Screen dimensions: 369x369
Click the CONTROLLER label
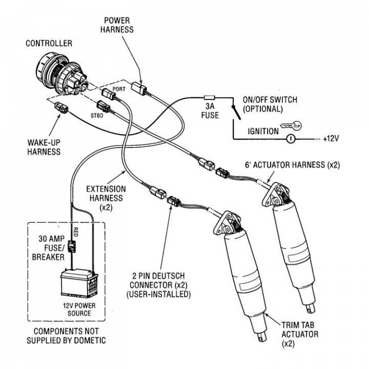(x=49, y=44)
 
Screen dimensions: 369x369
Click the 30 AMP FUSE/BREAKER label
(x=51, y=247)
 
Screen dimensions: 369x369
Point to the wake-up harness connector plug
(x=59, y=109)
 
